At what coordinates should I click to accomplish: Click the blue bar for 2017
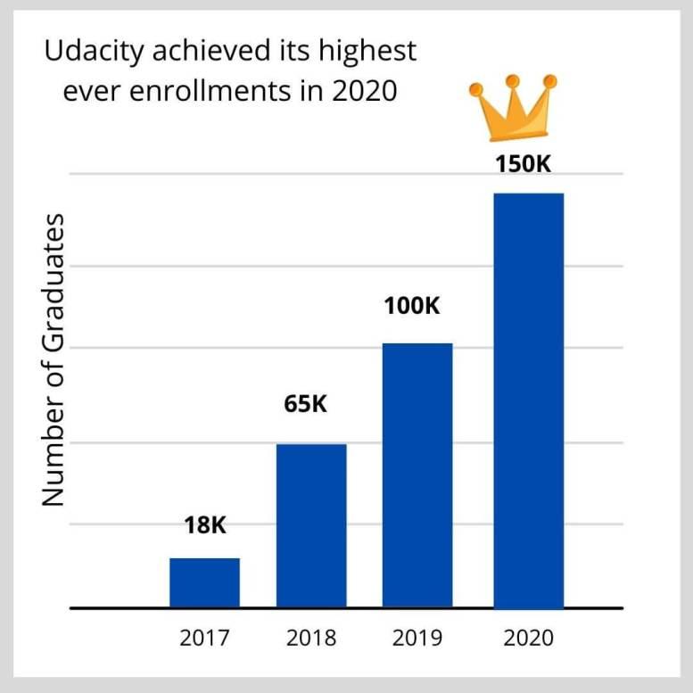click(204, 582)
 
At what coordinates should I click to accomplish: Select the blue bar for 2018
click(311, 525)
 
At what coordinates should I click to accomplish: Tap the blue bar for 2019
click(417, 474)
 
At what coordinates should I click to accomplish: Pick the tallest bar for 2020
click(528, 400)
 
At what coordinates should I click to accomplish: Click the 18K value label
click(206, 525)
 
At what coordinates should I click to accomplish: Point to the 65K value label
click(308, 404)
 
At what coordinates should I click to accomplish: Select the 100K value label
click(413, 306)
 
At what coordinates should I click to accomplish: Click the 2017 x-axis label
click(205, 639)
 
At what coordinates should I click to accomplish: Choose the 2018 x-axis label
click(311, 639)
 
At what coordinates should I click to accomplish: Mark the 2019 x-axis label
click(417, 639)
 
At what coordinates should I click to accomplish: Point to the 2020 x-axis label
click(528, 639)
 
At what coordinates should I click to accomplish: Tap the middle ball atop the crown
click(513, 82)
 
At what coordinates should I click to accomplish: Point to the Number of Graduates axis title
click(55, 359)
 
